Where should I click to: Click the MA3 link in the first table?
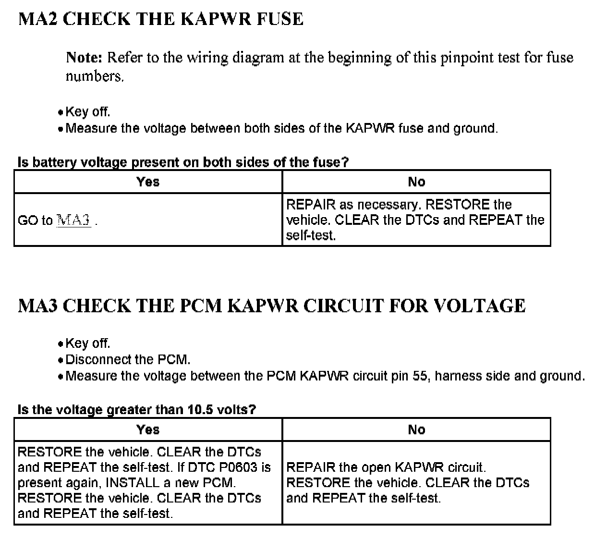point(73,220)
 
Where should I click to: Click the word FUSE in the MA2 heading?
point(280,19)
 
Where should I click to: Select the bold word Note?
point(85,58)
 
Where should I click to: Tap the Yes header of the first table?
point(148,182)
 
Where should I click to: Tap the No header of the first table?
point(416,182)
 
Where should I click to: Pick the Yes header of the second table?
point(148,429)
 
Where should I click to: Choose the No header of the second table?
point(416,429)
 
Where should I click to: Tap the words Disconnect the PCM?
point(128,359)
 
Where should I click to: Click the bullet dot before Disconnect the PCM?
point(60,360)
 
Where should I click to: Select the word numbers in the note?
point(94,76)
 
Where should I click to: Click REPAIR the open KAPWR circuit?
point(386,467)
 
